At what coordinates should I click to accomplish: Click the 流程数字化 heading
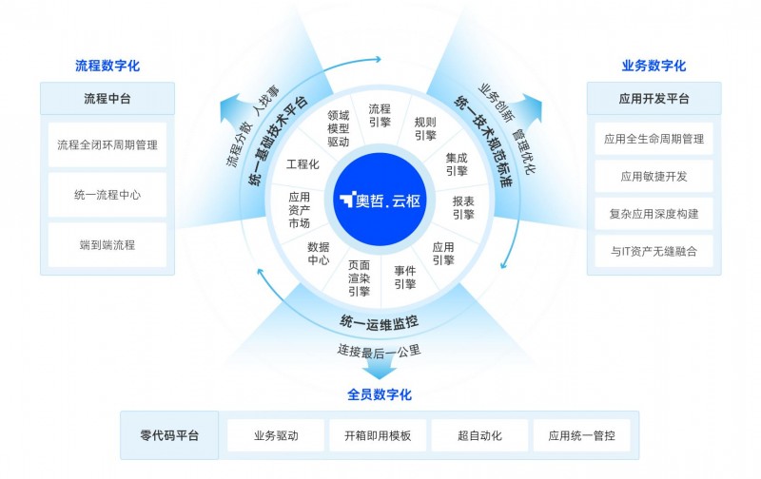click(x=107, y=66)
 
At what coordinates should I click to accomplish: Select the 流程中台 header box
click(x=107, y=99)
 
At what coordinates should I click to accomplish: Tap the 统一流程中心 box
click(x=107, y=195)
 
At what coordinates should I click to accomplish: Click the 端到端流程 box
click(x=107, y=245)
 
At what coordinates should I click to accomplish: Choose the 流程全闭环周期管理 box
click(x=107, y=144)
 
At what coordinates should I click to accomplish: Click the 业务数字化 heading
click(x=654, y=66)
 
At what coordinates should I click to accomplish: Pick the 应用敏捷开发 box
click(x=654, y=177)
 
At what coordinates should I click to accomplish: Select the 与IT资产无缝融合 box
click(x=654, y=251)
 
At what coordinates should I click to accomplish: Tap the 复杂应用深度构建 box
click(x=654, y=214)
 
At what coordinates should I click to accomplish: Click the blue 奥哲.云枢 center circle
click(x=380, y=200)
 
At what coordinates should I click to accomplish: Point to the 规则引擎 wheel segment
click(x=425, y=128)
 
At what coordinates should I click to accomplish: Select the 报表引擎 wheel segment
click(x=463, y=207)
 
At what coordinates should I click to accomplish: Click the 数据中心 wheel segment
click(x=319, y=253)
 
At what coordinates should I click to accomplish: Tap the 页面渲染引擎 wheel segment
click(x=359, y=278)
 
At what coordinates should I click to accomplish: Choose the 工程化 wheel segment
click(x=302, y=163)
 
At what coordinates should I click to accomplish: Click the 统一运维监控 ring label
click(x=379, y=322)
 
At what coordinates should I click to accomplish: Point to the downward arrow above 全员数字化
click(x=379, y=371)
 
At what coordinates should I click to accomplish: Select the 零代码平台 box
click(x=169, y=435)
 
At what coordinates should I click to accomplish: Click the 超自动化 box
click(x=479, y=435)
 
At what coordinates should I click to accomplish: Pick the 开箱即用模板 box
click(x=378, y=435)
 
